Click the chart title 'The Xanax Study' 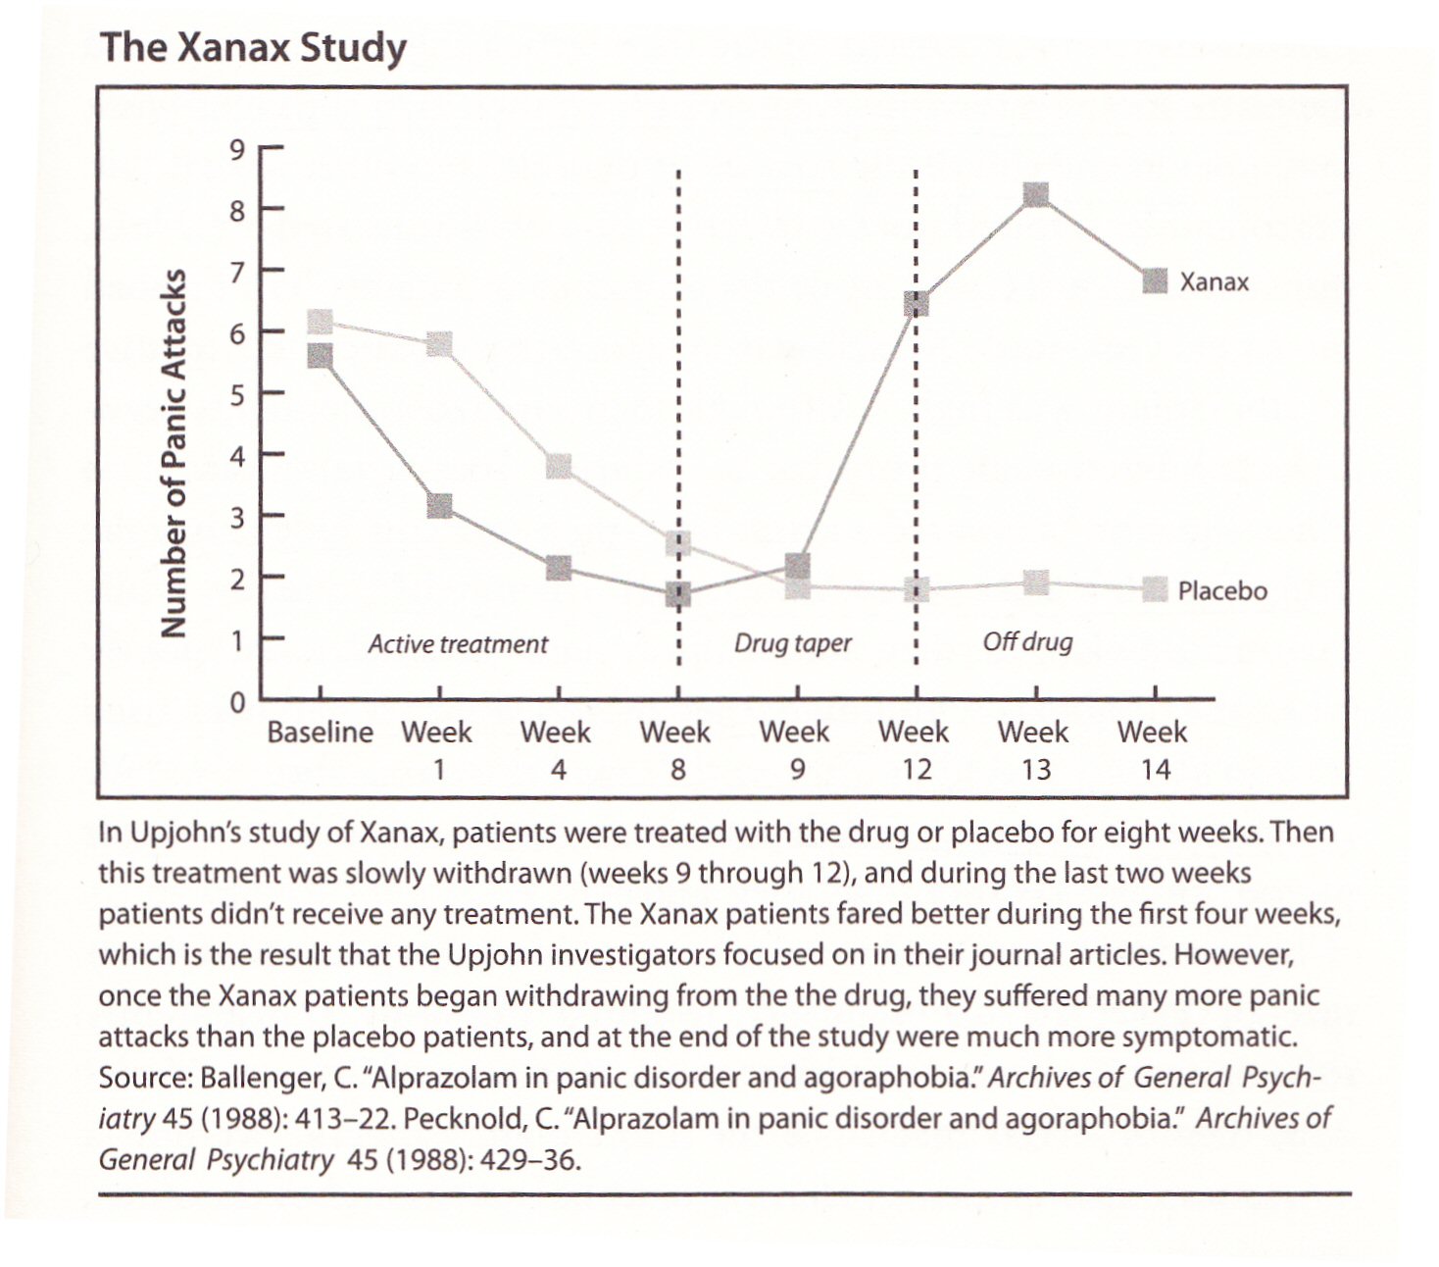click(254, 48)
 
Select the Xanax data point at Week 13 click(1036, 195)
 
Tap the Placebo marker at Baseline click(321, 322)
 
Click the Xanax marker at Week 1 click(440, 507)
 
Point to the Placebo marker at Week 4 click(559, 467)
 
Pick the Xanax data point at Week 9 click(798, 567)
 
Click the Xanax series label click(1214, 282)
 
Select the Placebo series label click(1222, 590)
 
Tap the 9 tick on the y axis click(236, 150)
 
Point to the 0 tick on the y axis click(237, 703)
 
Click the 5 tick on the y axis click(236, 394)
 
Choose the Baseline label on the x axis click(320, 732)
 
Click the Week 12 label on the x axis click(915, 750)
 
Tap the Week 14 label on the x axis click(1153, 750)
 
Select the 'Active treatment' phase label click(458, 644)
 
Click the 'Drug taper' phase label click(793, 644)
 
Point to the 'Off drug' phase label click(1027, 642)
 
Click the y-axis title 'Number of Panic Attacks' click(174, 453)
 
